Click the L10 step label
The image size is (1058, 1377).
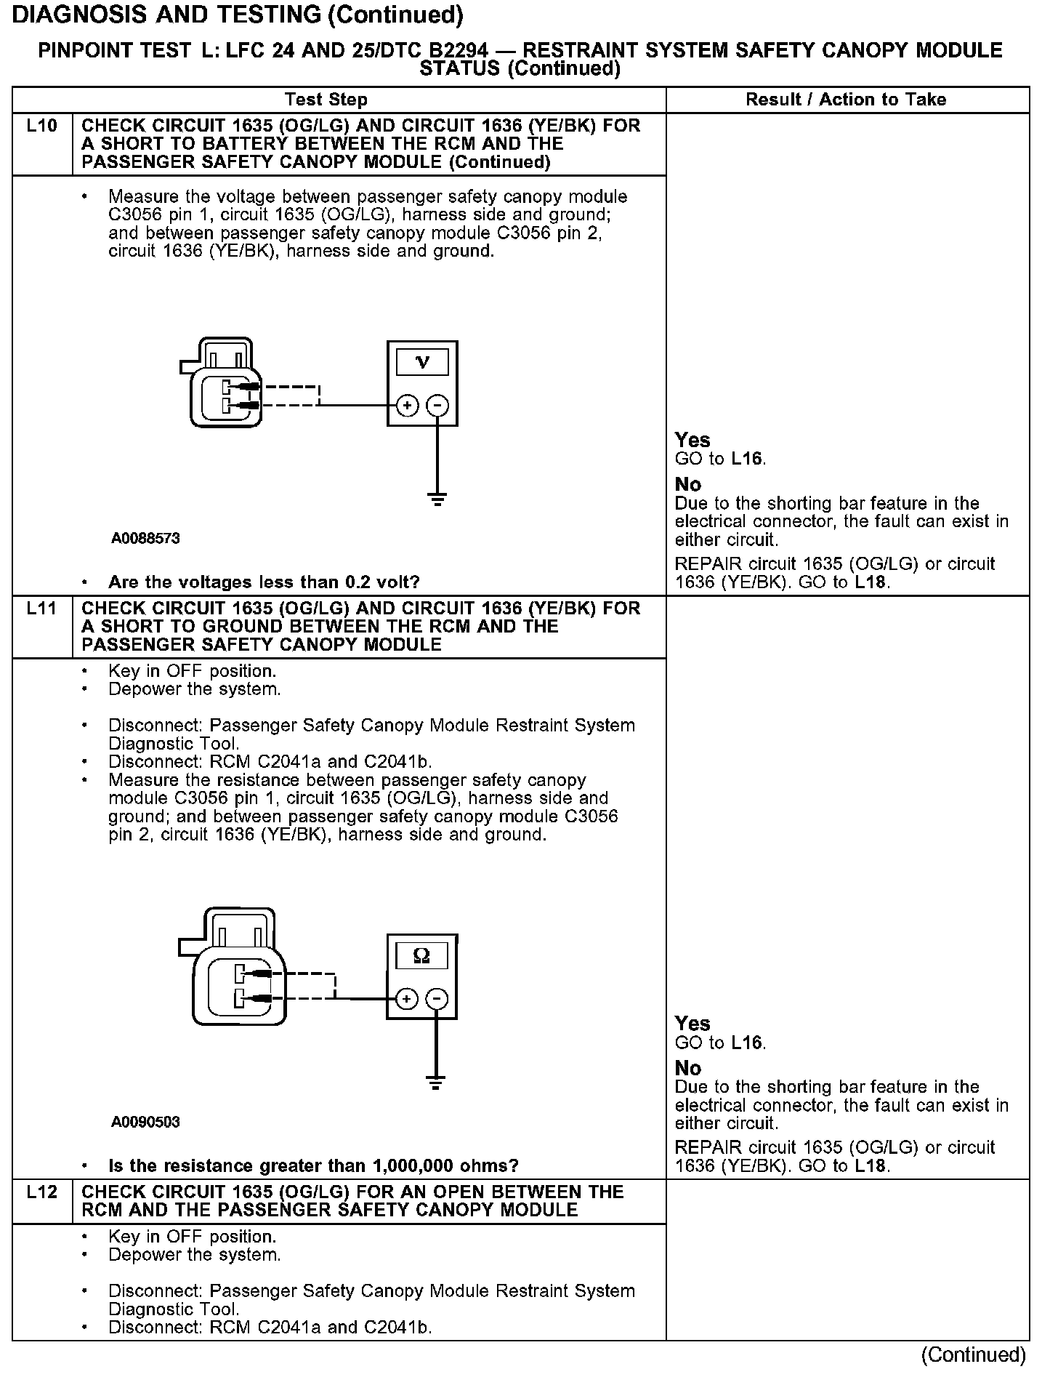[x=41, y=126]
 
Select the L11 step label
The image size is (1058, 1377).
[x=41, y=609]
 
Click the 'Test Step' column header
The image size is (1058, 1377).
[x=326, y=100]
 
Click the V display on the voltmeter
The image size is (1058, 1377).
[x=422, y=361]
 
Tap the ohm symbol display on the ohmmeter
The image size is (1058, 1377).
[x=421, y=955]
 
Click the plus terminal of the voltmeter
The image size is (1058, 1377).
[x=407, y=405]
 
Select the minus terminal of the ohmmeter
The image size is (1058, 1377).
[x=437, y=999]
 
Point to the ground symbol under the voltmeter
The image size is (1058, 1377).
[x=437, y=499]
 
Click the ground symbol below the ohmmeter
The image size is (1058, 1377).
[x=436, y=1083]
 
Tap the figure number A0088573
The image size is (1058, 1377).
[x=145, y=539]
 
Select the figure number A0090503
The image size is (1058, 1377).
[x=145, y=1122]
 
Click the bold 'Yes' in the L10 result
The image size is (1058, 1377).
[x=692, y=440]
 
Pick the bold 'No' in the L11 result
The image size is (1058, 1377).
[x=688, y=1068]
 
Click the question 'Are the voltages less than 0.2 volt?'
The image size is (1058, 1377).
[x=264, y=582]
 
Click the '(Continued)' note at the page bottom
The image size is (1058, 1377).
[x=973, y=1354]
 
